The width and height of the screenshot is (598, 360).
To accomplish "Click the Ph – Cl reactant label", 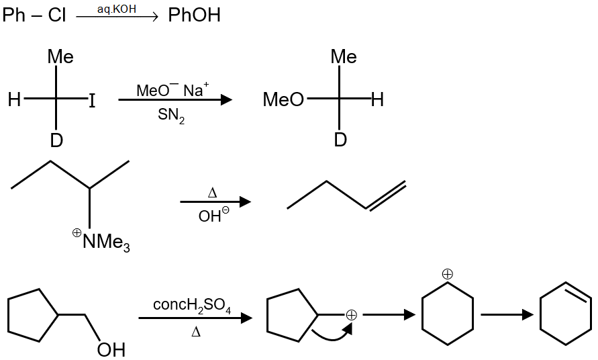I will (34, 15).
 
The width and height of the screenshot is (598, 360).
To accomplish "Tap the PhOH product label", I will (194, 15).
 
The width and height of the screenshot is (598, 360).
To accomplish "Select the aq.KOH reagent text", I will (116, 9).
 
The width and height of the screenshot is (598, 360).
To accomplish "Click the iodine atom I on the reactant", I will (92, 101).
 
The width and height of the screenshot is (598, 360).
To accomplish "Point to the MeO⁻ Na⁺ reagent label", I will (172, 90).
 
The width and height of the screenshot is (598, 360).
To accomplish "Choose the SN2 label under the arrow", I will (171, 116).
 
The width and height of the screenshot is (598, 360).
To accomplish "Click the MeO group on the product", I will (283, 101).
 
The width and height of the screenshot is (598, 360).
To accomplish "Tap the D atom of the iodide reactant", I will (56, 140).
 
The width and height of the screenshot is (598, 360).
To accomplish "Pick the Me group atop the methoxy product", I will (343, 57).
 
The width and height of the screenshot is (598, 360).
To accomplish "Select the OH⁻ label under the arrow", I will (213, 216).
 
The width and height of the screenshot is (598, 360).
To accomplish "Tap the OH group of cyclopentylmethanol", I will (111, 349).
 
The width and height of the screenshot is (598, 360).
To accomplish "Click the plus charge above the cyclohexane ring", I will (448, 273).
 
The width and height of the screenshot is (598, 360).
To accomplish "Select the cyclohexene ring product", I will (566, 314).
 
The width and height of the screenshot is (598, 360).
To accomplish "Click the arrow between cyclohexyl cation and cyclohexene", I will (507, 314).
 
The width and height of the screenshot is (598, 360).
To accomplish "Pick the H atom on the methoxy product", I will (377, 101).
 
